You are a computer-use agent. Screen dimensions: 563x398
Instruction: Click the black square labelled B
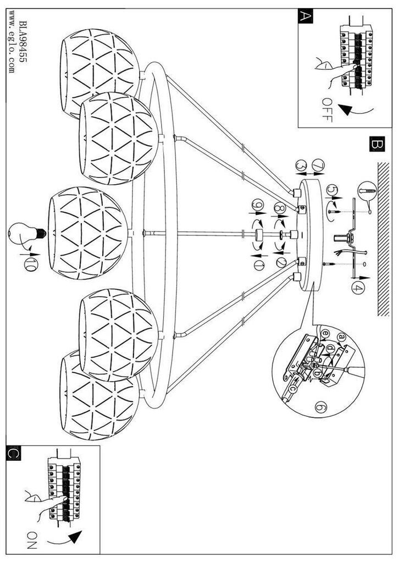(x=375, y=145)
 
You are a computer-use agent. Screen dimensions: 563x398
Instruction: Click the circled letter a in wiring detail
(x=342, y=337)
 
